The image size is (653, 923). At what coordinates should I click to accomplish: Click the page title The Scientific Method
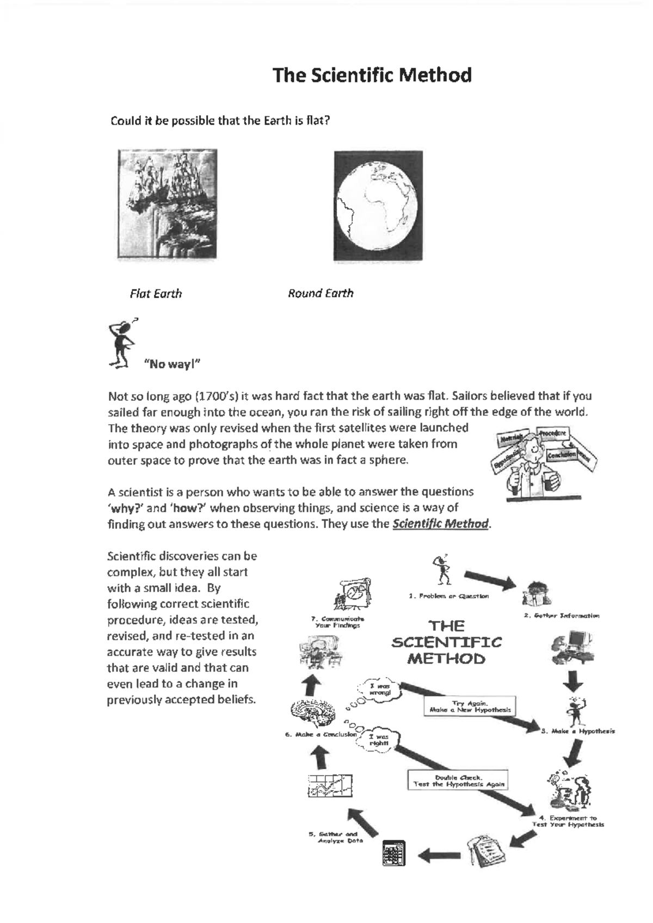372,75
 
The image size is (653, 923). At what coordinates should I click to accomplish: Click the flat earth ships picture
167,203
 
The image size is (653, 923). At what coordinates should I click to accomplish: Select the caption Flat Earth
156,294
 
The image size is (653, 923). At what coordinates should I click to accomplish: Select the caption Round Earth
321,293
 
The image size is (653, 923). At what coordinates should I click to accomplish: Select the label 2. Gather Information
561,616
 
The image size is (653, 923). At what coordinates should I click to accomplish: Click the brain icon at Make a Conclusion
309,710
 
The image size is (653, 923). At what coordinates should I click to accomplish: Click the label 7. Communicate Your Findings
337,622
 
